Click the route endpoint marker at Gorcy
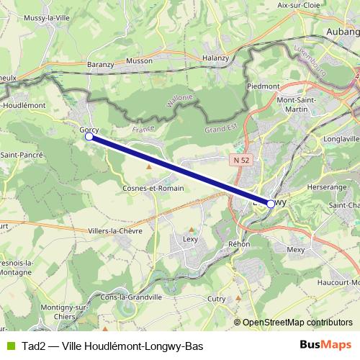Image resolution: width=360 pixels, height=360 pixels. click(x=89, y=136)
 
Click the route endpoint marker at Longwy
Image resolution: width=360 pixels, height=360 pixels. click(x=270, y=204)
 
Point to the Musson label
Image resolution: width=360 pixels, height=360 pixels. click(x=139, y=63)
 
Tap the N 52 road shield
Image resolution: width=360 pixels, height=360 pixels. click(x=242, y=159)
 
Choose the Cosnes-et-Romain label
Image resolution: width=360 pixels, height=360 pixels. click(x=153, y=188)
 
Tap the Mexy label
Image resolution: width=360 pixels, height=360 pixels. click(x=297, y=250)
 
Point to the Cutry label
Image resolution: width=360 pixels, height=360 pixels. click(x=216, y=298)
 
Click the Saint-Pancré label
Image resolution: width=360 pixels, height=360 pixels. click(x=22, y=155)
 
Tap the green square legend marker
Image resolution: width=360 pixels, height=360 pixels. click(x=10, y=346)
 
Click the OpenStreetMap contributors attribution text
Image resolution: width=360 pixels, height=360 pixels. click(x=297, y=322)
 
